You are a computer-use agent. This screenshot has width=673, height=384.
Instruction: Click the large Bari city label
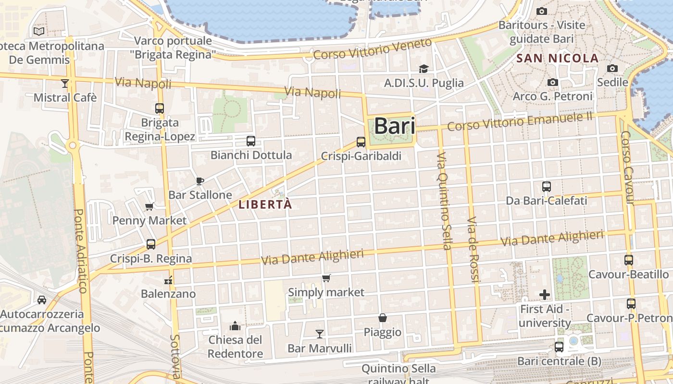point(394,126)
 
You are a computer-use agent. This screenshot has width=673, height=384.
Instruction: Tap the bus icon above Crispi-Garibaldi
point(361,142)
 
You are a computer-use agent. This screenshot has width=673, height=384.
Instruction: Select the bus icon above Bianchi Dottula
point(251,141)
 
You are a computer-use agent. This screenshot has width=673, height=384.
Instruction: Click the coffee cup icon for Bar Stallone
point(200,181)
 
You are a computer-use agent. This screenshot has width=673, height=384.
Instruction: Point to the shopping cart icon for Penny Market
point(149,207)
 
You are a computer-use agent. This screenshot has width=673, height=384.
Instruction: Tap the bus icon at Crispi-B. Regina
point(151,244)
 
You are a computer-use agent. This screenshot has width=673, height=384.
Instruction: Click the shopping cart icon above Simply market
point(326,278)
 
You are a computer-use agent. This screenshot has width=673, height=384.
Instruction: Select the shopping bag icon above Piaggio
point(383,318)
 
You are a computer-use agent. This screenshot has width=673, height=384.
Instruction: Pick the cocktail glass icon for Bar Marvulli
point(320,334)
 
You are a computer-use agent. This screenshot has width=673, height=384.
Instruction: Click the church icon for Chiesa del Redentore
point(235,326)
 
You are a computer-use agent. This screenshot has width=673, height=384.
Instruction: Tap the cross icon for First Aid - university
point(545,295)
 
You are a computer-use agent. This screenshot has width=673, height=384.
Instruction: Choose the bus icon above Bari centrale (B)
point(559,347)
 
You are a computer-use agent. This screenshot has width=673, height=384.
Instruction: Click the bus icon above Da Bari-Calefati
point(547,187)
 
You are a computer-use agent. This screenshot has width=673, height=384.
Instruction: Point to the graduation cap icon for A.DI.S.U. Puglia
point(424,69)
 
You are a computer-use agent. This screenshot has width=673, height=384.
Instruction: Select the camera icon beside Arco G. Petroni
point(553,83)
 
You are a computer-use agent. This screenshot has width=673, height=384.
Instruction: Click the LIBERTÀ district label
point(265,204)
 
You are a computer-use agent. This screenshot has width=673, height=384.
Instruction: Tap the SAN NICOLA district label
point(558,59)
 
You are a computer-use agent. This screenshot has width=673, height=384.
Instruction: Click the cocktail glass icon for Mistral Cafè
point(65,84)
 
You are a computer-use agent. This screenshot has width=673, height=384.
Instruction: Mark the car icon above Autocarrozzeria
point(42,300)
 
